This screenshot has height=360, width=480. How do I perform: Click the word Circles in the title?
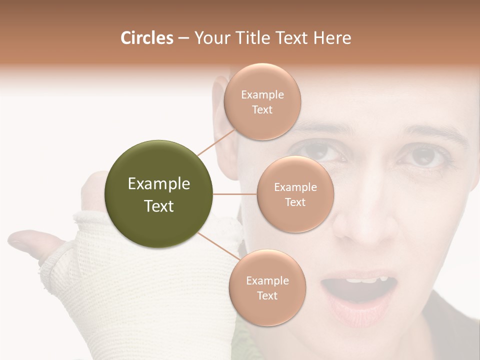pyautogui.click(x=146, y=38)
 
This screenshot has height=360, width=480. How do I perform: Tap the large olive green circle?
pyautogui.click(x=159, y=194)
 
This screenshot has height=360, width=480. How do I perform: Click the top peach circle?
pyautogui.click(x=262, y=101)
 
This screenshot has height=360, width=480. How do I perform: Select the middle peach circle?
pyautogui.click(x=295, y=194)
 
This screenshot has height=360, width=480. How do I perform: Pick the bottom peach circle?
pyautogui.click(x=267, y=287)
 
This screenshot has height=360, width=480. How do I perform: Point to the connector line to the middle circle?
pyautogui.click(x=235, y=194)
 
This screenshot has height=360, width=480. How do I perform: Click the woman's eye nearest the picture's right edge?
pyautogui.click(x=421, y=156)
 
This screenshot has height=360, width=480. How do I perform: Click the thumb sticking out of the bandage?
pyautogui.click(x=32, y=241)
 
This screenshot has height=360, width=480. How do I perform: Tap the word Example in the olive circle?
pyautogui.click(x=159, y=184)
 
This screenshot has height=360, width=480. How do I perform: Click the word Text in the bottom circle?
pyautogui.click(x=267, y=295)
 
